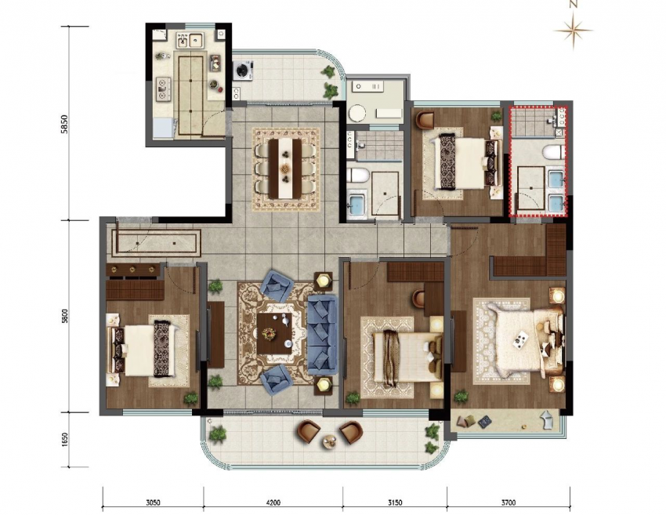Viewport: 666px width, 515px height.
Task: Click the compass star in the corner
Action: pyautogui.click(x=574, y=30)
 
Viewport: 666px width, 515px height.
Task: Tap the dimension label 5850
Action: pyautogui.click(x=64, y=125)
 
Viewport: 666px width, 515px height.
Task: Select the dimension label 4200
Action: pyautogui.click(x=273, y=502)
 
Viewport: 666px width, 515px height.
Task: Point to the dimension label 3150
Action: pyautogui.click(x=395, y=502)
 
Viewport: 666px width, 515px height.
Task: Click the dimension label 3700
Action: pyautogui.click(x=508, y=502)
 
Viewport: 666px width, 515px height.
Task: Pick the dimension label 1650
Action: pyautogui.click(x=64, y=440)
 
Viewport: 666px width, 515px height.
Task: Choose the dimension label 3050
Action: pyautogui.click(x=153, y=502)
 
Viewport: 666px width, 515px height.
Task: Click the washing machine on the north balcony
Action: pyautogui.click(x=244, y=70)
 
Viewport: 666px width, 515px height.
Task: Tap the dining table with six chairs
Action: pyautogui.click(x=285, y=168)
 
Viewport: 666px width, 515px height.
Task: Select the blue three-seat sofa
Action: pyautogui.click(x=322, y=335)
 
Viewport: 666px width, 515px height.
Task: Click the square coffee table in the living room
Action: pyautogui.click(x=275, y=334)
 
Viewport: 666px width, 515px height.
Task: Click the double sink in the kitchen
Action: pyautogui.click(x=190, y=40)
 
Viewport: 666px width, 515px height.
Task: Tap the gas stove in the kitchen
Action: pyautogui.click(x=162, y=89)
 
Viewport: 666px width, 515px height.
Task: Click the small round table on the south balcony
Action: pyautogui.click(x=330, y=441)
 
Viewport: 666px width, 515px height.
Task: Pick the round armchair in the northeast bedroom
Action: pyautogui.click(x=425, y=120)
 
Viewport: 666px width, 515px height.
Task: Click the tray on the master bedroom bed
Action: pyautogui.click(x=521, y=339)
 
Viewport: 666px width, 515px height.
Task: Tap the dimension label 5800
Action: pyautogui.click(x=64, y=316)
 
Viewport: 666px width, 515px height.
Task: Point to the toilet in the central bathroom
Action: pyautogui.click(x=355, y=175)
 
